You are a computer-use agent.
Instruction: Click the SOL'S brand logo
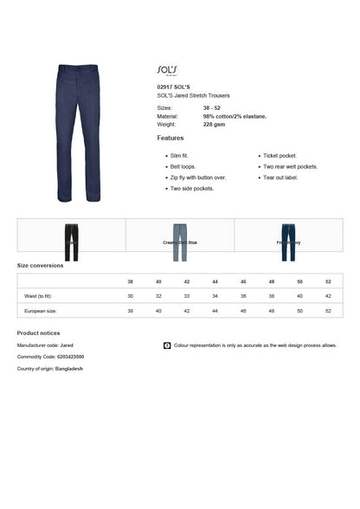(x=168, y=68)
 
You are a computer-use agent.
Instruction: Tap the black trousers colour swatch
(x=71, y=242)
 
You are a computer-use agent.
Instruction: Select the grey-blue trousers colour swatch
(x=180, y=241)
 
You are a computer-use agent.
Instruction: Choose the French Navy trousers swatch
(x=288, y=241)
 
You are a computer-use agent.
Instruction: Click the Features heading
(x=170, y=138)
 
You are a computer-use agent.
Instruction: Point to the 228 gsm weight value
(x=214, y=124)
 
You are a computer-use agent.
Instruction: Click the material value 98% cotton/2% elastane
(x=235, y=115)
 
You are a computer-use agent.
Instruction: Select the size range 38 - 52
(x=212, y=106)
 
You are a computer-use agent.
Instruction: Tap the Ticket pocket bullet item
(x=280, y=156)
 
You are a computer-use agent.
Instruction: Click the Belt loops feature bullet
(x=183, y=166)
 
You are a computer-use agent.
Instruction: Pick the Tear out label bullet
(x=280, y=177)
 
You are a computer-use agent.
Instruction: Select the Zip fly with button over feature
(x=198, y=177)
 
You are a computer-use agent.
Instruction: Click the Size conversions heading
(x=40, y=265)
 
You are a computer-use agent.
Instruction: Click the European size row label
(x=41, y=310)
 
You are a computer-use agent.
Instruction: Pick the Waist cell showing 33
(x=187, y=296)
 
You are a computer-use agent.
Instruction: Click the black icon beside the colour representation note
(x=166, y=345)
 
